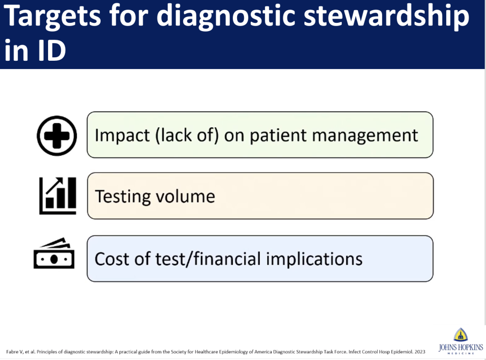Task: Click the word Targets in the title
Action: coord(52,16)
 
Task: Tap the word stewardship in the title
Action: coord(386,16)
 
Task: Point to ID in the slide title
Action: coord(51,50)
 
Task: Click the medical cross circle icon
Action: coord(57,136)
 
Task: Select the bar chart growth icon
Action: coord(58,196)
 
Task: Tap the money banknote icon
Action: coord(54,253)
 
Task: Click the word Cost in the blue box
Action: coord(114,259)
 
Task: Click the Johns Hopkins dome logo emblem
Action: coord(461,335)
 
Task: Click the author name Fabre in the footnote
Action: coord(12,352)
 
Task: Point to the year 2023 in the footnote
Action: coord(420,352)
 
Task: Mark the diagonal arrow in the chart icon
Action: coord(54,185)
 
